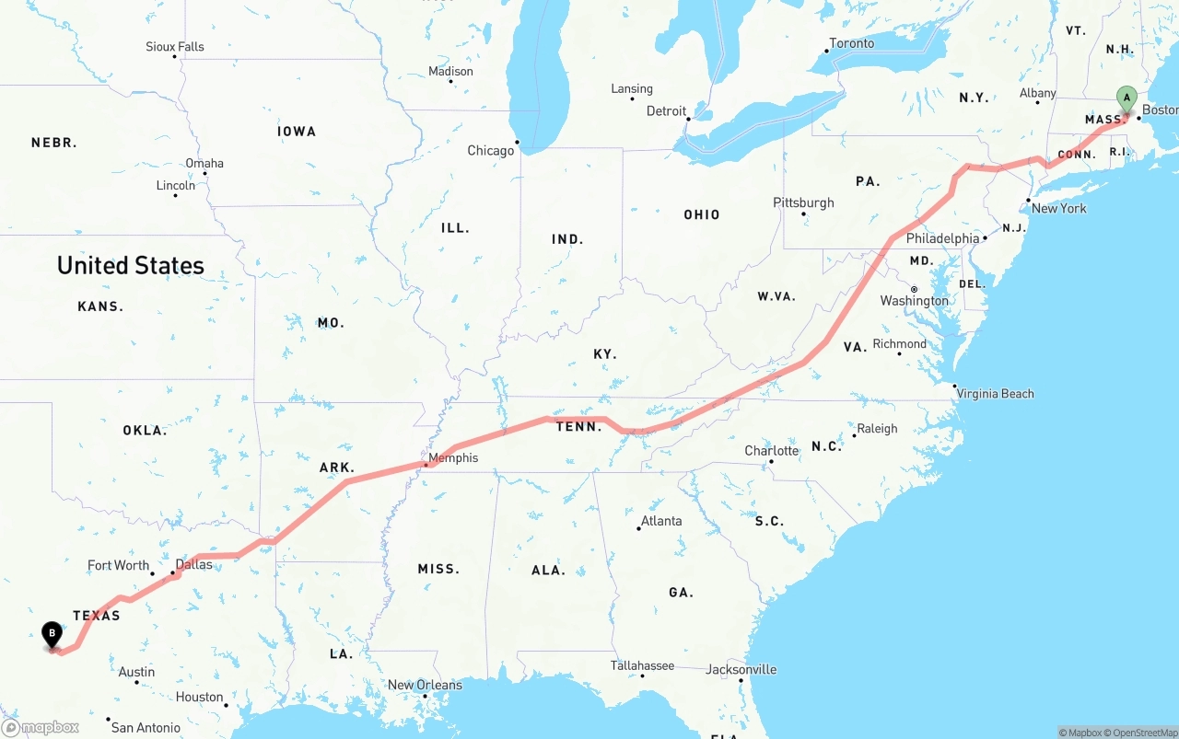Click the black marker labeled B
[x=53, y=634]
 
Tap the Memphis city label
[x=453, y=457]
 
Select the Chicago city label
[x=490, y=150]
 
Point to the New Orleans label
[x=425, y=685]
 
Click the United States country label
[x=131, y=265]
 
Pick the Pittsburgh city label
[x=803, y=202]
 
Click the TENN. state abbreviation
[x=578, y=426]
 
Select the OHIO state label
[x=701, y=214]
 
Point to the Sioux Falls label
[x=175, y=46]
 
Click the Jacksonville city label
[x=741, y=669]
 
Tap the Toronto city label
[x=851, y=43]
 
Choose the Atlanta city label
[x=661, y=521]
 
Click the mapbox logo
[x=41, y=727]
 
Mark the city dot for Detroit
[x=688, y=118]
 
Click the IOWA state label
[x=297, y=132]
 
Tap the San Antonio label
[x=146, y=727]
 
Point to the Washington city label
[x=914, y=301]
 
